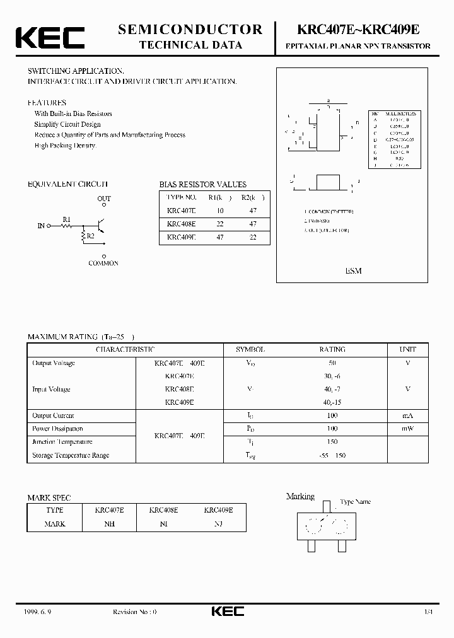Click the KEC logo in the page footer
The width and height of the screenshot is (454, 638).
click(226, 612)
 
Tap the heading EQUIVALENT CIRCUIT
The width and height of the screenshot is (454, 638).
click(67, 184)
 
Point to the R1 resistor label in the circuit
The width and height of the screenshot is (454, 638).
click(66, 219)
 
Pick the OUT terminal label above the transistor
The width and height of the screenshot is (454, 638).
click(103, 199)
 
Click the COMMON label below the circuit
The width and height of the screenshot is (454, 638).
click(103, 263)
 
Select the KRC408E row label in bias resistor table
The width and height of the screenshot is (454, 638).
click(181, 224)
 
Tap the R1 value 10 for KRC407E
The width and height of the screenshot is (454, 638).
click(219, 211)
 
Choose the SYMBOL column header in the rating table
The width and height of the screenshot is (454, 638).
click(250, 349)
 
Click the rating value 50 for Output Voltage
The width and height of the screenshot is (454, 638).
click(332, 363)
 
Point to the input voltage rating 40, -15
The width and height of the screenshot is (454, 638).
click(332, 402)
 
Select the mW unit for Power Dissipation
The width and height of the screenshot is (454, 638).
click(407, 428)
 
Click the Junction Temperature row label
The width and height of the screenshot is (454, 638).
click(62, 442)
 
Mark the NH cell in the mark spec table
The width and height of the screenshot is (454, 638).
click(109, 524)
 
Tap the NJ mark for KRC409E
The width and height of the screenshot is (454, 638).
click(218, 524)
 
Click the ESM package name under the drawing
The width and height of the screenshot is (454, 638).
click(353, 270)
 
